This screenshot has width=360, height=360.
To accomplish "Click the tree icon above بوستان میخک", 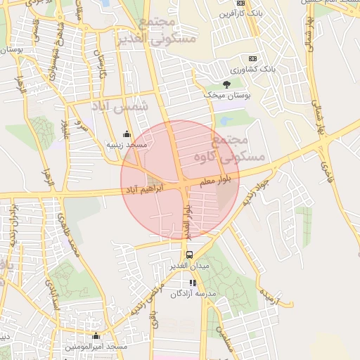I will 226,84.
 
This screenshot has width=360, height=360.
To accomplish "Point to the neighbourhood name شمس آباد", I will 120,106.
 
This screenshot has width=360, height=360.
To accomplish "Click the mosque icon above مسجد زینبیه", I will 127,134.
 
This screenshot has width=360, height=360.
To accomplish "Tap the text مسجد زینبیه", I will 127,144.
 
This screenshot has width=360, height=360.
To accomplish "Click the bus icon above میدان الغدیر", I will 189,255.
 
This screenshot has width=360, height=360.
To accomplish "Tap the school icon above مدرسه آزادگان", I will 193,283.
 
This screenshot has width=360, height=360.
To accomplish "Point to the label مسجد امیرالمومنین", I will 96,347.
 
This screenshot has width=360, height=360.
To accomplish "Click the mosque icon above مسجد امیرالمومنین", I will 96,336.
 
